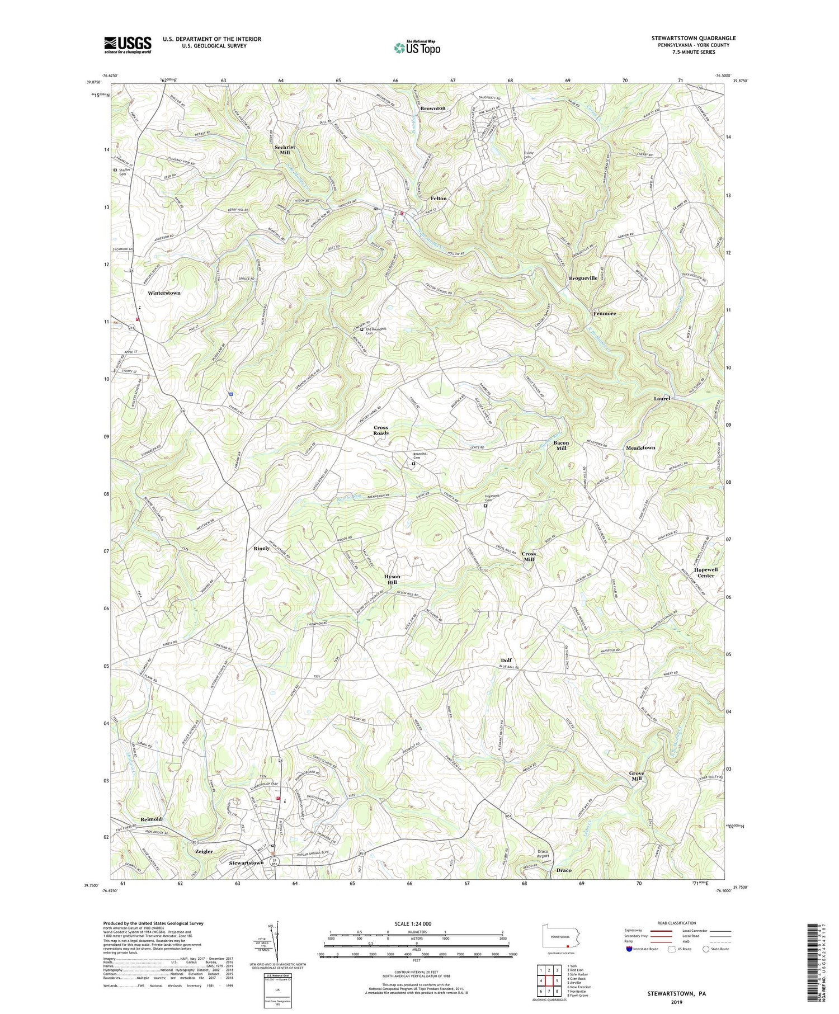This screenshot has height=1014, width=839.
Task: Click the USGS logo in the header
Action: point(128,45)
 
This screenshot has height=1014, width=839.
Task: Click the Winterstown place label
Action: point(164,293)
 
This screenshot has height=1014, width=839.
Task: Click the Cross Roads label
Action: point(381,430)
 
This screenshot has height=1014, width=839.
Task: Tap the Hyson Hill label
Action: point(392,579)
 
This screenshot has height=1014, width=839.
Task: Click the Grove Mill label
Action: point(637,776)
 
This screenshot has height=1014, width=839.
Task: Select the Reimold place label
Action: point(150,819)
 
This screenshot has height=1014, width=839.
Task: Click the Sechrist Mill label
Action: point(285,149)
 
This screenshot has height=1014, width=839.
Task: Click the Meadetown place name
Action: point(640,448)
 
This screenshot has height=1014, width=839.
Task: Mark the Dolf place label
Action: point(506,661)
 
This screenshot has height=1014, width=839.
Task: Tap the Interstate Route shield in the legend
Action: point(630,949)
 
